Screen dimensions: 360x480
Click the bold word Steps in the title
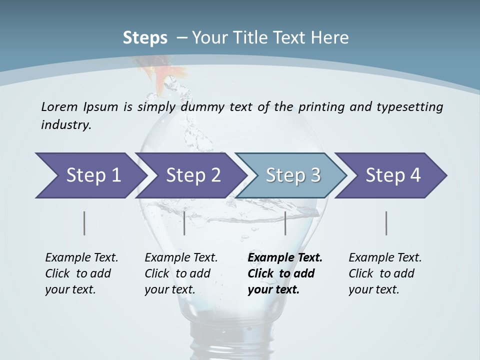(x=145, y=38)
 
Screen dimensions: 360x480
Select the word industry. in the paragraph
(x=66, y=124)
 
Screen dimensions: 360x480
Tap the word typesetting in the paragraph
(x=413, y=107)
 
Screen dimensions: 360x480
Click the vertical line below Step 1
(x=84, y=223)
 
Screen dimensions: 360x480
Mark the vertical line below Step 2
(x=184, y=223)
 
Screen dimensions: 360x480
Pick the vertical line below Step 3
(x=285, y=223)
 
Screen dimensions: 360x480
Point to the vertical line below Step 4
(x=386, y=223)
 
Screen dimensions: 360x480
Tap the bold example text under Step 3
(x=284, y=273)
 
